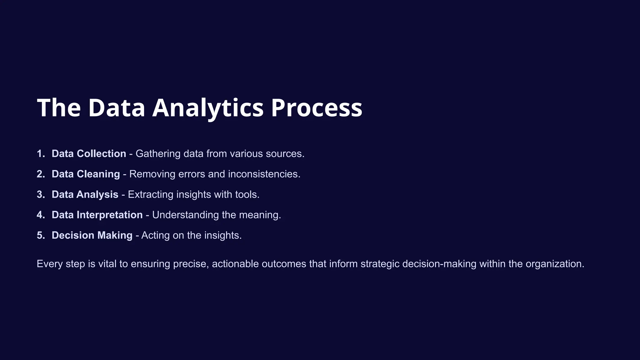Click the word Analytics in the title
tap(208, 108)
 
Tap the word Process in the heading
tap(316, 108)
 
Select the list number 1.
tap(40, 154)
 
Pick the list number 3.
tap(40, 194)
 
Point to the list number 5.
tap(40, 235)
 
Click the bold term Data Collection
tap(89, 154)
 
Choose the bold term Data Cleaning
tap(86, 174)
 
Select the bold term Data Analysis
tap(85, 194)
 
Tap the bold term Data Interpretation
tap(97, 215)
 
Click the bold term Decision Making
tap(92, 235)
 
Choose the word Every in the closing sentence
tap(50, 264)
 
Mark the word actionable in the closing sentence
tap(235, 264)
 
